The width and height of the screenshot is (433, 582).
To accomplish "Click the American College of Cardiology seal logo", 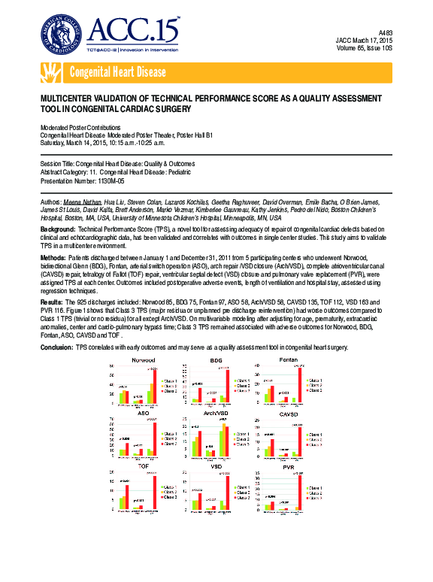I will click(62, 35).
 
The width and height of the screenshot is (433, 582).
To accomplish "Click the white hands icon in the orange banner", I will click(51, 73).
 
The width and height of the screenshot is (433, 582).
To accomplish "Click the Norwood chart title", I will click(143, 361).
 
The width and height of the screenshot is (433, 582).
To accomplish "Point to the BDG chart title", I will click(216, 361).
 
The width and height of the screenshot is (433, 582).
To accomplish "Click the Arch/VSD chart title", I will click(216, 413).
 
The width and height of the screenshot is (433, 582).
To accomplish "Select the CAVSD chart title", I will click(289, 413).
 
